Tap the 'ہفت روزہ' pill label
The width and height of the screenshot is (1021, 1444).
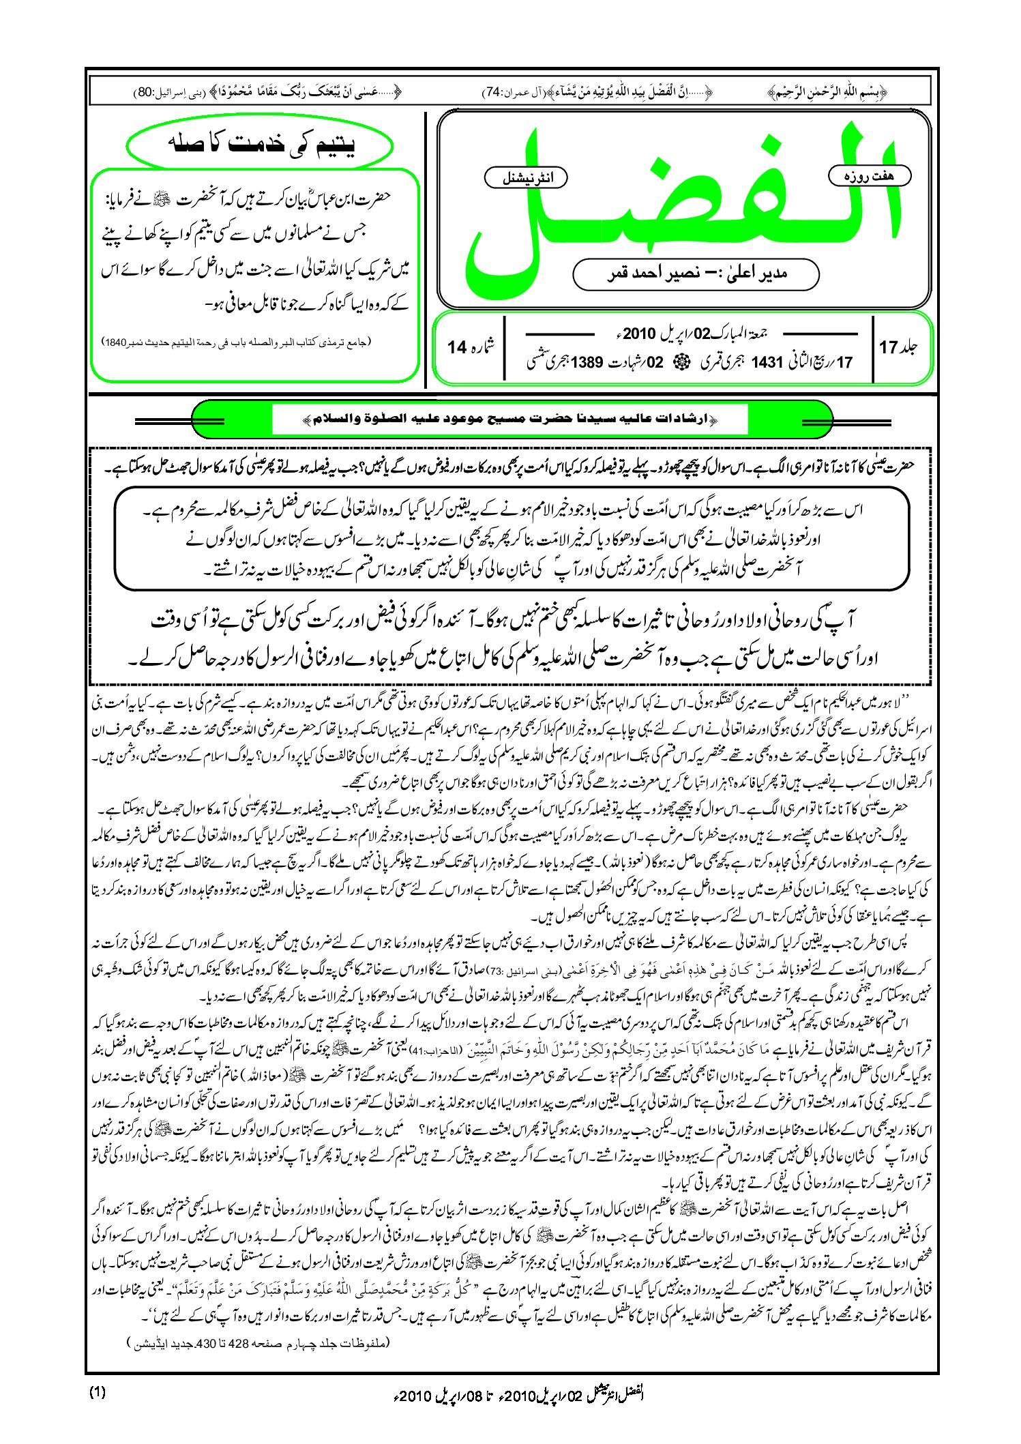click(x=869, y=176)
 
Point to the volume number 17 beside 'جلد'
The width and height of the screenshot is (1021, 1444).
click(x=889, y=347)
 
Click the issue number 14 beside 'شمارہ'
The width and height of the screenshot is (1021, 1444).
click(x=456, y=347)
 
